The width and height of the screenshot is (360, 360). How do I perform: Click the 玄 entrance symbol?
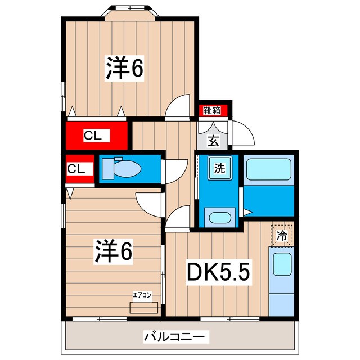(214, 141)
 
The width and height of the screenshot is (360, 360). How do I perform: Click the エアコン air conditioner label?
(141, 294)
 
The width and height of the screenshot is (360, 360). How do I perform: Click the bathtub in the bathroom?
(268, 169)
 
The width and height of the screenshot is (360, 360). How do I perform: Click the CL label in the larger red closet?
(93, 135)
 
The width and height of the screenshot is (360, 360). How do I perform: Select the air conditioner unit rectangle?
(141, 307)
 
